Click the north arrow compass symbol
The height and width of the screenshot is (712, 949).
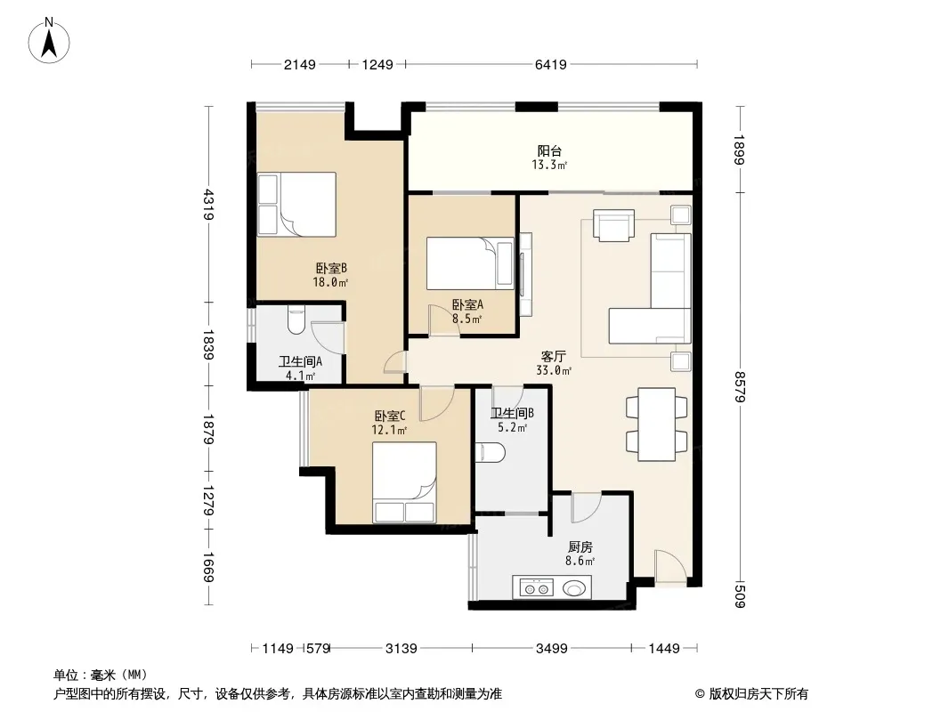coord(49,40)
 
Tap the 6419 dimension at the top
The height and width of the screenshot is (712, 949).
coord(551,64)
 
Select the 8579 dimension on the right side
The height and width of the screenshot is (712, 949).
coord(740,386)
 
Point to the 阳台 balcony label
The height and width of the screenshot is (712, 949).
coord(549,150)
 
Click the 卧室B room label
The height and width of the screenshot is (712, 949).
coord(331,268)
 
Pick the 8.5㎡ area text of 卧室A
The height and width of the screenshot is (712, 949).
coord(466,319)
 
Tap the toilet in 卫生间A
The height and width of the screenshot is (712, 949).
coord(296,320)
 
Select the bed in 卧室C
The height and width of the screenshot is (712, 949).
coord(404,482)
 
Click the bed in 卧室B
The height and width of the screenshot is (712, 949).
coord(296,204)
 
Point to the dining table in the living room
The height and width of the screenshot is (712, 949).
coord(657,425)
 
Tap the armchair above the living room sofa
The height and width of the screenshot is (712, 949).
coord(613,225)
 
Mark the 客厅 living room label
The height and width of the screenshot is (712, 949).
coord(553,356)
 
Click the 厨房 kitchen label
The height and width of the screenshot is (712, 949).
coord(580,546)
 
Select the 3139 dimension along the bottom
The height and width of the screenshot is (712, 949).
coord(401,649)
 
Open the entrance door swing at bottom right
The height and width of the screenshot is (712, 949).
coord(670,568)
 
